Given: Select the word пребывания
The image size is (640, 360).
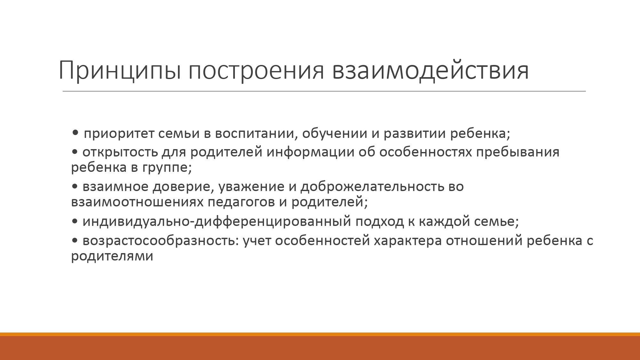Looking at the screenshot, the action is click(518, 152).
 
